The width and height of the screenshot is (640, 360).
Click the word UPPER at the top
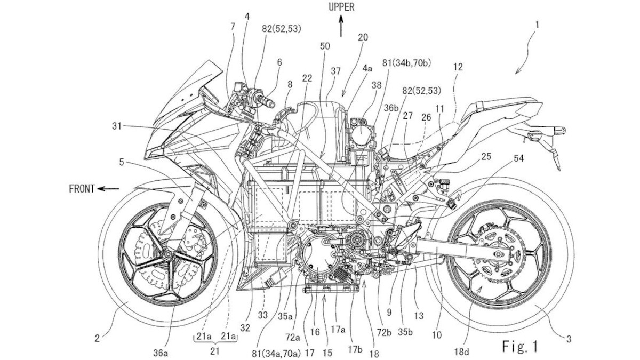tap(342, 7)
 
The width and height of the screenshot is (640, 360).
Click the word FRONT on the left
tap(81, 188)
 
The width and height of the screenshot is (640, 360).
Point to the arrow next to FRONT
tap(110, 188)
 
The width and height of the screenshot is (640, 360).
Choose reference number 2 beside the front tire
tap(98, 338)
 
